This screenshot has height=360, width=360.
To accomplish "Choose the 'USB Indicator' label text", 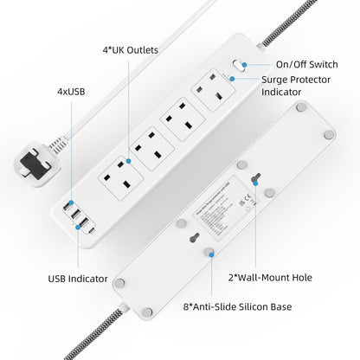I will click(78, 279).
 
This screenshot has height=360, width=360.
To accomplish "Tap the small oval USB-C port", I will click(89, 230).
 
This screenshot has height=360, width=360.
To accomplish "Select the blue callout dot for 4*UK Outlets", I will click(128, 160).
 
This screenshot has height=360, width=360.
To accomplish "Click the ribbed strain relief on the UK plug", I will click(60, 144).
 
